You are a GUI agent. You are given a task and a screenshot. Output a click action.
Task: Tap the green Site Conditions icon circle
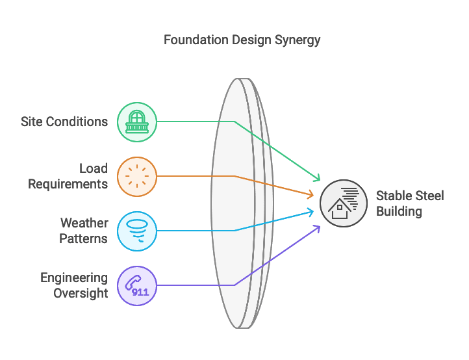(136, 122)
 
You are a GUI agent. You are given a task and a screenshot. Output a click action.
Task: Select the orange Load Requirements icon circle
(136, 176)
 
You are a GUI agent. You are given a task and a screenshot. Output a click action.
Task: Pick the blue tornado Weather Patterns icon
(136, 231)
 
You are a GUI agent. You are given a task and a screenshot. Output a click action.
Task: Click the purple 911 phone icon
(136, 285)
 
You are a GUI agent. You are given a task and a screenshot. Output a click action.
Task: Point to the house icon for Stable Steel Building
(344, 203)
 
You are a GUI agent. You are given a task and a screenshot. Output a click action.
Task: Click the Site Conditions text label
(64, 122)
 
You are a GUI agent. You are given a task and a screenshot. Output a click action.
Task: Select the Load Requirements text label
(68, 176)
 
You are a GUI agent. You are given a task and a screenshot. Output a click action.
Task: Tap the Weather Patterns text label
(84, 231)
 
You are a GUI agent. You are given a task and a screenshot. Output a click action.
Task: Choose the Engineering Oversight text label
(74, 285)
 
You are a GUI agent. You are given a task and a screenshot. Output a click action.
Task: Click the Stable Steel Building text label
(410, 203)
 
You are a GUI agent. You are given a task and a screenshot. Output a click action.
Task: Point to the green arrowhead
(318, 179)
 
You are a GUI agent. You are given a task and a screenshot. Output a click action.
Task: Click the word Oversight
(81, 292)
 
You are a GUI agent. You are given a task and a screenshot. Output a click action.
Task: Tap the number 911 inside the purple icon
(140, 292)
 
